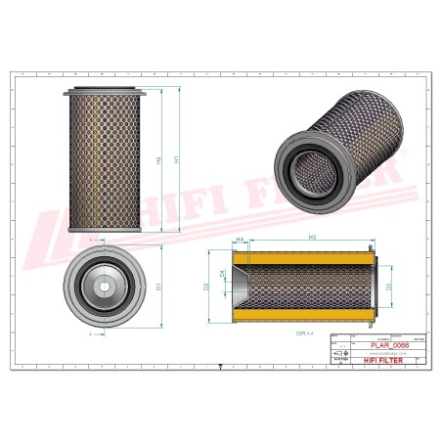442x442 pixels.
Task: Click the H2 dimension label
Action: coord(157,158)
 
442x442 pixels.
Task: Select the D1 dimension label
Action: coord(158,287)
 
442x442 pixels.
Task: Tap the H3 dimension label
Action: coord(311,238)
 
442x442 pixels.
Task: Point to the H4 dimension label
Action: coord(240,238)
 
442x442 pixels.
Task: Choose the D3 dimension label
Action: coord(389,287)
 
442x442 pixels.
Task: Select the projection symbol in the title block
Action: coord(339,354)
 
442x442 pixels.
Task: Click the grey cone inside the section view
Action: coord(239,287)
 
